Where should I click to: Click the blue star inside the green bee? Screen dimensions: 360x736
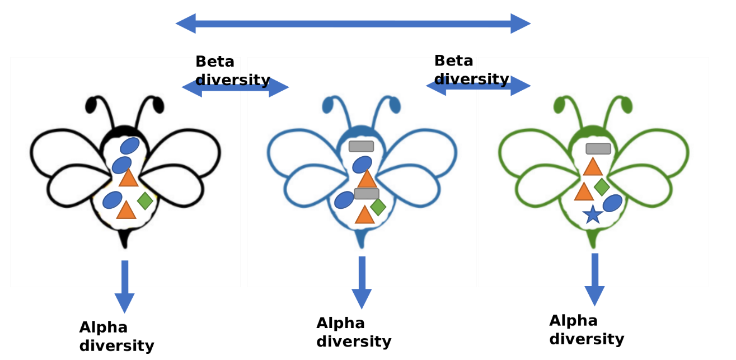(x=593, y=214)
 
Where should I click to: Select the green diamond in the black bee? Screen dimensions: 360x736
(x=145, y=200)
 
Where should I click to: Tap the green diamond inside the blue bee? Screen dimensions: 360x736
(x=378, y=207)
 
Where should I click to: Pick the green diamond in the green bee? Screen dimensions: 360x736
(x=602, y=186)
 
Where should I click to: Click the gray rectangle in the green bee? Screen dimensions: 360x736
(x=598, y=148)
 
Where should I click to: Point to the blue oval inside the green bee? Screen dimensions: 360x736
(x=612, y=203)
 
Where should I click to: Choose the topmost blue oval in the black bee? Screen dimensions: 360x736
(x=130, y=146)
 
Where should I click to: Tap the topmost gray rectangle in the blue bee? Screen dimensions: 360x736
(x=361, y=146)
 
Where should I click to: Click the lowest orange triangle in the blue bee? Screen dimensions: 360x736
(x=364, y=215)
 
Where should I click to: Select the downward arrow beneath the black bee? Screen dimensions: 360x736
(x=124, y=286)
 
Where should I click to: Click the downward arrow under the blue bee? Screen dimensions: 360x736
(x=362, y=282)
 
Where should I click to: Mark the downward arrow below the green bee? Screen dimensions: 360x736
(x=594, y=279)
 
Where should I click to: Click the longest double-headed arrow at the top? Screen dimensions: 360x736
(x=353, y=24)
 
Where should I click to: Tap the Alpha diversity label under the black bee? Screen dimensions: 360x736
(x=116, y=336)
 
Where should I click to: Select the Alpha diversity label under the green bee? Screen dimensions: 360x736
(x=586, y=330)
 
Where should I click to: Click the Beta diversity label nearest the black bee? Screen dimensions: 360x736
(x=232, y=71)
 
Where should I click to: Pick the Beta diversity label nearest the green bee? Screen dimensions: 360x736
(x=471, y=70)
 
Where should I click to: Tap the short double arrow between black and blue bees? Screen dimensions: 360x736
(x=235, y=87)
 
